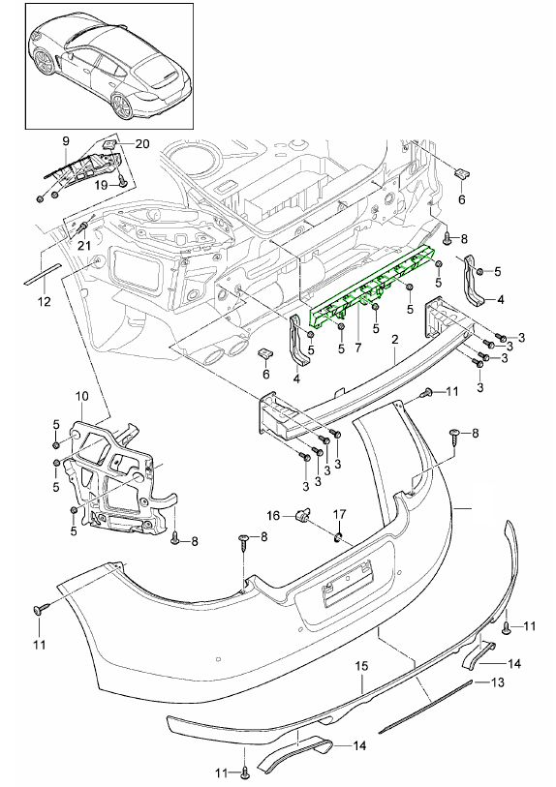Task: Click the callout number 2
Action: (395, 340)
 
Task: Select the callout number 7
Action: (357, 347)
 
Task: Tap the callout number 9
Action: (66, 142)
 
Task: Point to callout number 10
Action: (81, 396)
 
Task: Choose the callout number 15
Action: (362, 667)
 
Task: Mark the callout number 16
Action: (273, 515)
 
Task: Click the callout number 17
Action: (340, 515)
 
